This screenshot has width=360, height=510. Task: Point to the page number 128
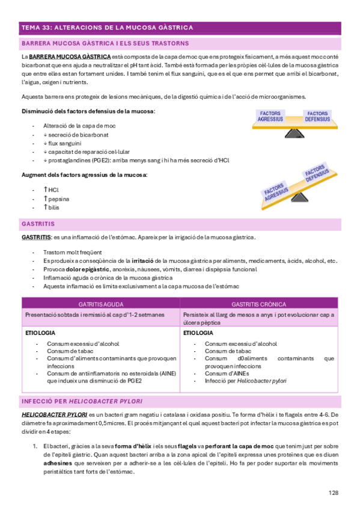tap(334, 493)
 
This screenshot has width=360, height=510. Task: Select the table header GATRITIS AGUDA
tap(100, 304)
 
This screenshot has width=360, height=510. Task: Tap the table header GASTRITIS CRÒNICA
tap(259, 304)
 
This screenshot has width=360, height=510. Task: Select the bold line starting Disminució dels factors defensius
tap(88, 111)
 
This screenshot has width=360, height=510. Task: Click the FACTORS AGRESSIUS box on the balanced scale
tap(270, 117)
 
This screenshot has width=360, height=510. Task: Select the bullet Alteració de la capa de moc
tap(79, 126)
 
